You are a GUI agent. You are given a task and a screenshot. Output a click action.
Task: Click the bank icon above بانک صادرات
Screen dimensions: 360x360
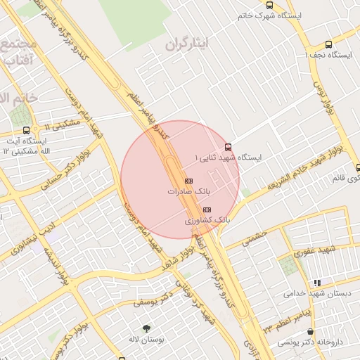click(188, 181)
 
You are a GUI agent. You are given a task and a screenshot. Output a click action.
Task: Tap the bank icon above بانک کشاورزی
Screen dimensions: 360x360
click(206, 210)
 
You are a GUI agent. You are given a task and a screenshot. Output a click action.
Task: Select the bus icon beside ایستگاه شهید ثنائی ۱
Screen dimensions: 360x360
click(227, 148)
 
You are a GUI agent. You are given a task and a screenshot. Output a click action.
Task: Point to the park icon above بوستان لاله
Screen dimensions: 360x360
click(146, 328)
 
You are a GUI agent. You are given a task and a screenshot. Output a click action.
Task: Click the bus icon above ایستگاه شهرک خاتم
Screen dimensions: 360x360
click(269, 5)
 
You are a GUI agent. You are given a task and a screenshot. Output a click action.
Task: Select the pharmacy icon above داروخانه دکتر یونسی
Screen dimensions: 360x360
click(310, 331)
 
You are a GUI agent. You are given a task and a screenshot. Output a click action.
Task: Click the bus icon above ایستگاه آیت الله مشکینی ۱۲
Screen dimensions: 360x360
click(27, 130)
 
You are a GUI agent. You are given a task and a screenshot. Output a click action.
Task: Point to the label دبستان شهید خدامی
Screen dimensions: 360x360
click(315, 293)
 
